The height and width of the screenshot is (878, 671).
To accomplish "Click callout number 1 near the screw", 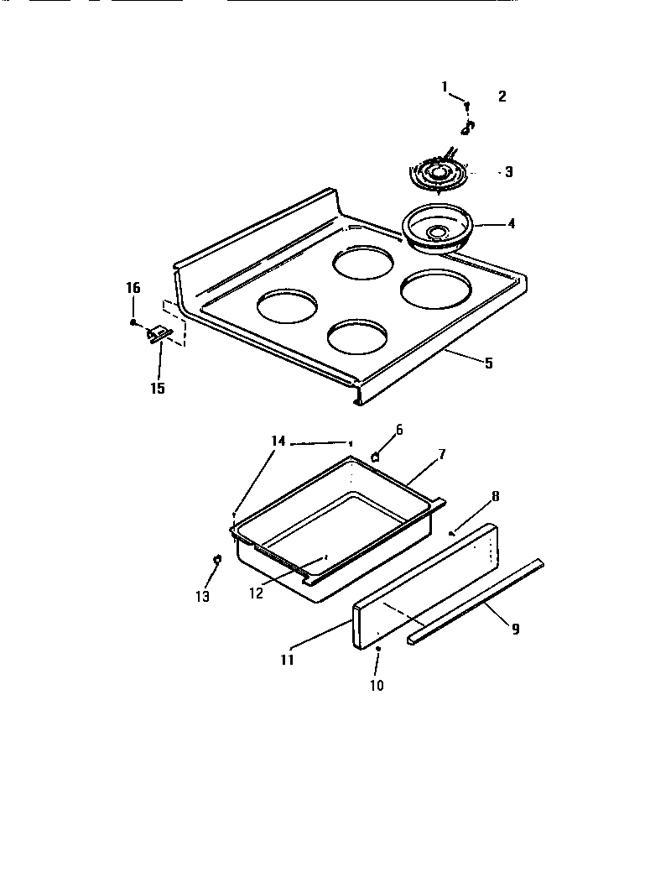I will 445,86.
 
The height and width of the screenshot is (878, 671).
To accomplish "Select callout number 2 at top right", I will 502,96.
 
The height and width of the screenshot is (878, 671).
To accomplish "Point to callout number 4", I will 511,224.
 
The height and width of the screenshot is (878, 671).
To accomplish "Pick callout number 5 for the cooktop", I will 488,363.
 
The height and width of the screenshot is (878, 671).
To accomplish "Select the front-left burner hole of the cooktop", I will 288,306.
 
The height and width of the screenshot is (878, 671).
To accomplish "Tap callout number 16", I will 133,288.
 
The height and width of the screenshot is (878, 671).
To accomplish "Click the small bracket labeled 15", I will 160,335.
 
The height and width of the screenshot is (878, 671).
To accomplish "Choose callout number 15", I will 158,388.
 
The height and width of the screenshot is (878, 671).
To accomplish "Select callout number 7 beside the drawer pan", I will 441,454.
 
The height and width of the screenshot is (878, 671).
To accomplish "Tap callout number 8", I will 496,495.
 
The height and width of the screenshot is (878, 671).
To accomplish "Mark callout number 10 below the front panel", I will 377,685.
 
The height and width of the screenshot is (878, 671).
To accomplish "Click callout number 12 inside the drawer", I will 256,593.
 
